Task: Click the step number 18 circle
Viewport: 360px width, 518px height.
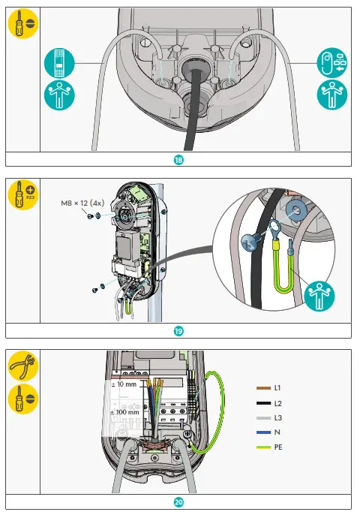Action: click(x=179, y=159)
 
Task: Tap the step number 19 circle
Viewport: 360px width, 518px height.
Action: click(x=179, y=330)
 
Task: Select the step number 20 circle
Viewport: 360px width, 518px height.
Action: click(x=179, y=502)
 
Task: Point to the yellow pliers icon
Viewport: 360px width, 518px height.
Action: click(x=22, y=366)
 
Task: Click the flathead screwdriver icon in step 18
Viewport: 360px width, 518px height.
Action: click(x=22, y=26)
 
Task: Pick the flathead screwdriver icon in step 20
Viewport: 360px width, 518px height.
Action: click(x=22, y=400)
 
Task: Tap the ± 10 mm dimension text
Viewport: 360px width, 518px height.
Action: click(x=124, y=384)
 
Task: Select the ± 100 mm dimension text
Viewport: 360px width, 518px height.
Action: click(x=124, y=412)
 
